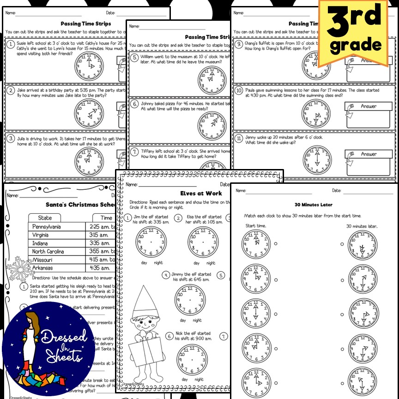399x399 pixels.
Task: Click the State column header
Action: pos(45,218)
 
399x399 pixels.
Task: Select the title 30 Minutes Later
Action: pos(314,205)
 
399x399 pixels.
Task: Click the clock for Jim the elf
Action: pos(151,242)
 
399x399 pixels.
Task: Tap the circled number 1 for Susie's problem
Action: pos(11,44)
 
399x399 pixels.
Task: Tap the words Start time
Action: pos(256,226)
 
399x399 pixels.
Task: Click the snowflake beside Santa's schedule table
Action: pos(18,267)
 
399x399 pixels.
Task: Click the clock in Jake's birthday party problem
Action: pos(89,114)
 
